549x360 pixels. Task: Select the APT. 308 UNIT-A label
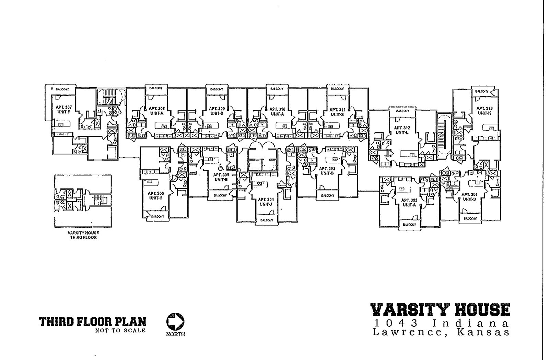[156, 110]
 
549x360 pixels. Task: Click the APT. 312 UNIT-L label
[402, 130]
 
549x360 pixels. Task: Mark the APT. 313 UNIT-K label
[484, 110]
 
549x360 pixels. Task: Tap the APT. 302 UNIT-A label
[409, 202]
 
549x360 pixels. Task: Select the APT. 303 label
[327, 171]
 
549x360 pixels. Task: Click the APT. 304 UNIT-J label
[266, 202]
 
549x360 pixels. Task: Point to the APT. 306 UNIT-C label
[156, 196]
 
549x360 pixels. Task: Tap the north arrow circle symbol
[175, 322]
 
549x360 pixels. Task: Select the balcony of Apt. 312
[402, 111]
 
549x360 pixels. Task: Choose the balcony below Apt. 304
[266, 220]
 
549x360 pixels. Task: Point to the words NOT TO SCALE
[120, 331]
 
